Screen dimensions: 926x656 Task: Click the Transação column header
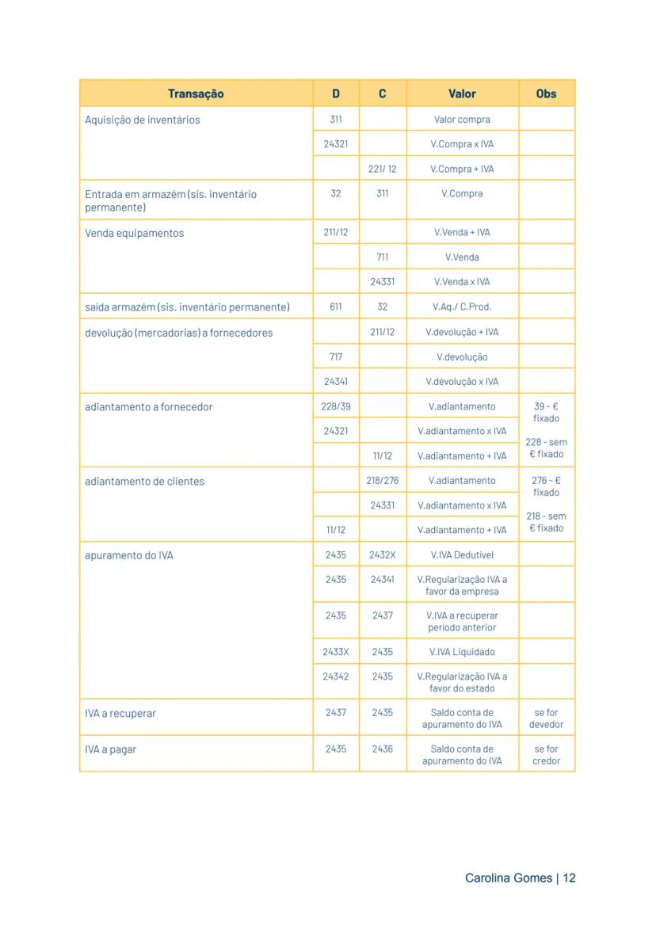(196, 93)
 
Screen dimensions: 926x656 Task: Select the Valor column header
(462, 93)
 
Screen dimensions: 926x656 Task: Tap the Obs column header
(546, 93)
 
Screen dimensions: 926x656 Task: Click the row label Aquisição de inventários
(143, 120)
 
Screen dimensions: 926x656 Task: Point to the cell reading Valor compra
(462, 120)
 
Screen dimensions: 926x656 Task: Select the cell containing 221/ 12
(383, 169)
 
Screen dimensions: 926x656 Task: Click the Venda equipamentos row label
(134, 234)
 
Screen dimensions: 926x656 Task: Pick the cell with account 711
(383, 257)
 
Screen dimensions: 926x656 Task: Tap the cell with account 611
(336, 307)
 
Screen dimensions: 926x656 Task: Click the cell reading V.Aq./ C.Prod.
(462, 307)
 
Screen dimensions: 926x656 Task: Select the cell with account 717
(336, 357)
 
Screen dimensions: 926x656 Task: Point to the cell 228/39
(336, 406)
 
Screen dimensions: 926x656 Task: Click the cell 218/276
(383, 481)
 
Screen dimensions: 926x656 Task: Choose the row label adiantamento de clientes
(144, 482)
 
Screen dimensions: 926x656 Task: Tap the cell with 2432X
(383, 555)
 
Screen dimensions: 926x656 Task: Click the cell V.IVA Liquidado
(462, 652)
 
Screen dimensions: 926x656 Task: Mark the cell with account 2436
(383, 749)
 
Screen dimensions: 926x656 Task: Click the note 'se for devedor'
(546, 718)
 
